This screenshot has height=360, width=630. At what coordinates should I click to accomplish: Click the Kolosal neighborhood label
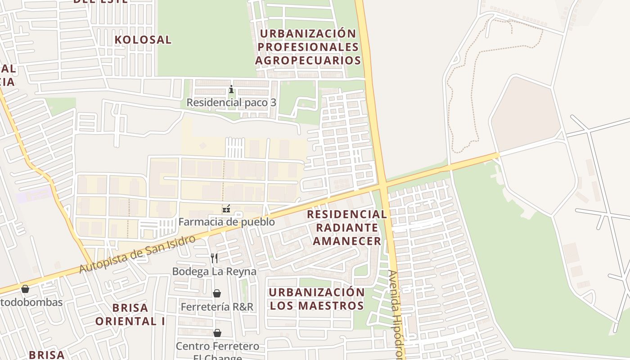click(x=143, y=40)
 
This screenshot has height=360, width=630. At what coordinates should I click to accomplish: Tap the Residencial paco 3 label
click(x=231, y=103)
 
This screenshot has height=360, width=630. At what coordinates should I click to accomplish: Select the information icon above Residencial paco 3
click(x=231, y=90)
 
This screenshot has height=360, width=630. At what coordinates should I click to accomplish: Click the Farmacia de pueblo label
click(x=226, y=222)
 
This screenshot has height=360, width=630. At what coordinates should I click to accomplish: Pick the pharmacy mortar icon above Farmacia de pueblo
click(x=226, y=209)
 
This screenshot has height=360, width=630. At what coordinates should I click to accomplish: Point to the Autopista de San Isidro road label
click(x=137, y=254)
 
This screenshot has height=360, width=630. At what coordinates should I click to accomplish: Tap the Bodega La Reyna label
click(x=214, y=271)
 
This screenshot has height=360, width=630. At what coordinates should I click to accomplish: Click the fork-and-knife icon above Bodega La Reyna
click(x=214, y=258)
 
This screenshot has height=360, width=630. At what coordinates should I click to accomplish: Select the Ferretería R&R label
click(x=217, y=307)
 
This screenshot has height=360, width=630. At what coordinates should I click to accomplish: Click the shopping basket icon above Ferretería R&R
click(x=217, y=293)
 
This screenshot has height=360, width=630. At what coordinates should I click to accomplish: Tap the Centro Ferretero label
click(x=217, y=346)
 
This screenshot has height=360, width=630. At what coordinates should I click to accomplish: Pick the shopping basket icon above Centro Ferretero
click(x=217, y=333)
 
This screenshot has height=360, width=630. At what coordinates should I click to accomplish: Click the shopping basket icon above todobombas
click(x=25, y=289)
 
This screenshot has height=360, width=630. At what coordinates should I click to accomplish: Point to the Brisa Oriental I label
click(x=130, y=315)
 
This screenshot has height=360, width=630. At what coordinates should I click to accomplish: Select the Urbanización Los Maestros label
click(x=316, y=299)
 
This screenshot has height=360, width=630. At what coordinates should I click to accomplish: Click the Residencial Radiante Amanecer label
click(x=346, y=228)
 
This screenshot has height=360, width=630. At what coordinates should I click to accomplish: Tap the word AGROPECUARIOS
click(x=308, y=60)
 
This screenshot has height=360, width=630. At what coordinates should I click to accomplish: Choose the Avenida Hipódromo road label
click(x=396, y=315)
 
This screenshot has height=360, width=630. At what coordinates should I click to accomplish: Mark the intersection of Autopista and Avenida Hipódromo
click(x=383, y=185)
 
